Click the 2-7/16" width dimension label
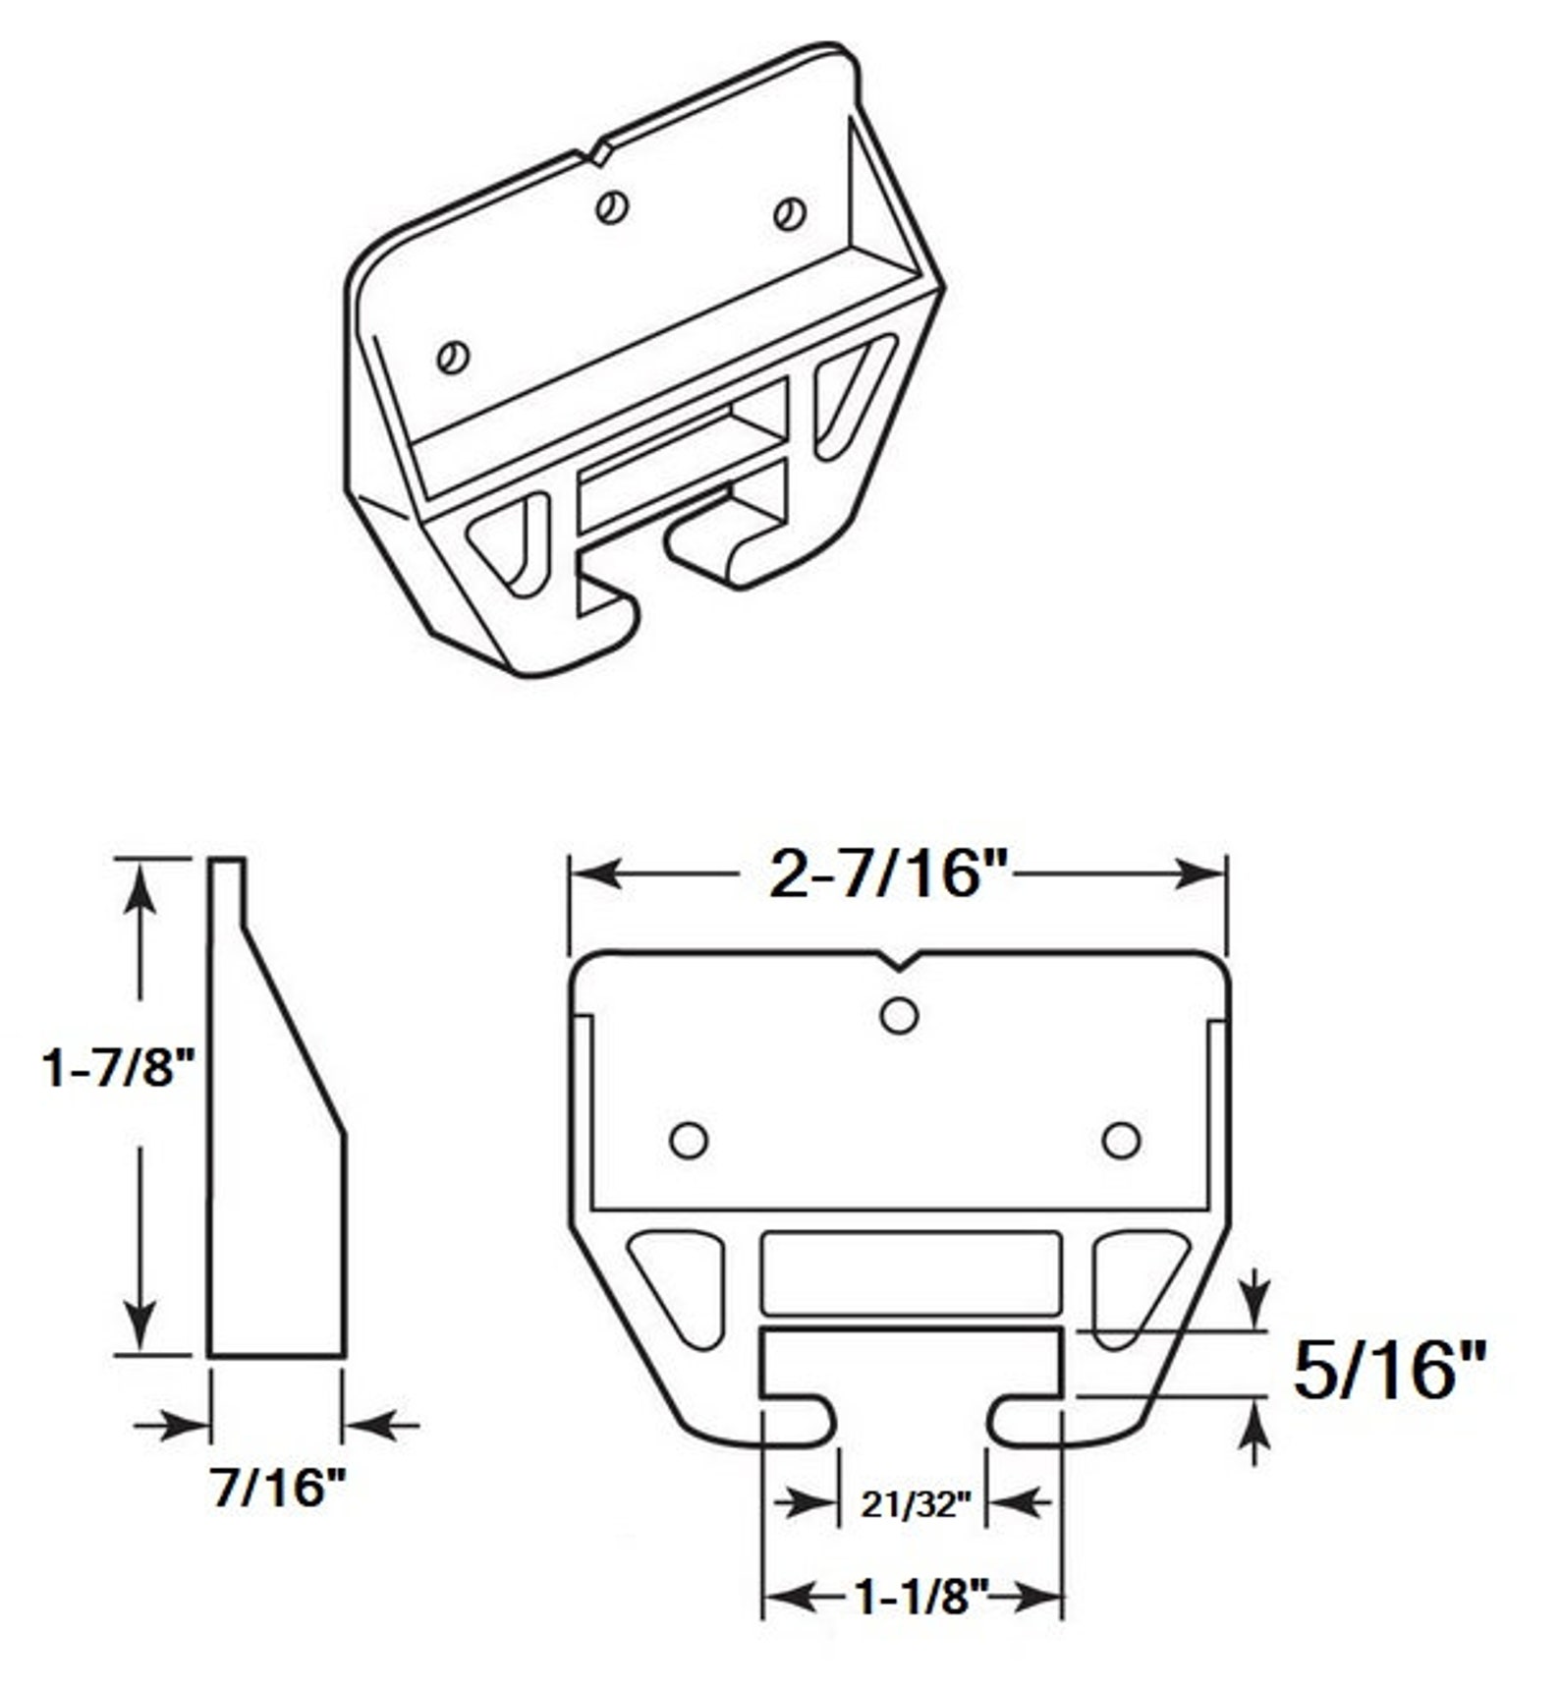click(x=890, y=874)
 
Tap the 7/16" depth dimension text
click(x=279, y=1486)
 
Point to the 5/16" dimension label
click(x=1388, y=1369)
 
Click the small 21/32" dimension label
click(x=915, y=1503)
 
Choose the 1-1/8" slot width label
click(x=920, y=1598)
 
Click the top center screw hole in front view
click(x=899, y=1015)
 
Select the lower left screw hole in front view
click(x=689, y=1141)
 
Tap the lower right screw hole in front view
click(x=1121, y=1141)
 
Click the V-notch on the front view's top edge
click(x=899, y=961)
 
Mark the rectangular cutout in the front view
click(x=911, y=1272)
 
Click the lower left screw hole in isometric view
click(x=453, y=357)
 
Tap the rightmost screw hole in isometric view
click(x=790, y=214)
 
